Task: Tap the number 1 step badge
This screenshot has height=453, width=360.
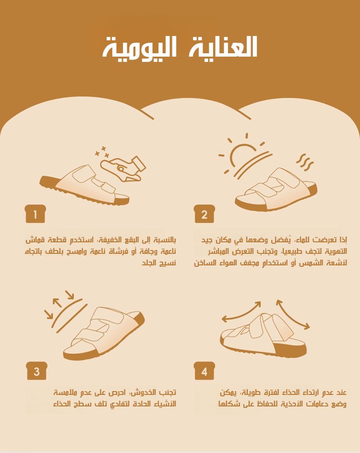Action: pos(35,214)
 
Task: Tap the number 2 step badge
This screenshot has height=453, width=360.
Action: pos(204,214)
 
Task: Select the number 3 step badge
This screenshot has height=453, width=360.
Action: pos(36,371)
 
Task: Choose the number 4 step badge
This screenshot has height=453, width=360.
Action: pos(204,371)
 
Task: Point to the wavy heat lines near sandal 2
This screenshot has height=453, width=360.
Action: pos(305,162)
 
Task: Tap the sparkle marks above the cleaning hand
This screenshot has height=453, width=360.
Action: pos(102,152)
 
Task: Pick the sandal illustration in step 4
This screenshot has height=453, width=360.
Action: pos(263,335)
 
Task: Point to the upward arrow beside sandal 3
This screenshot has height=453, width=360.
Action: pos(57,303)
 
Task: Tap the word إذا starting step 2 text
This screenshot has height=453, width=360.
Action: pos(343,240)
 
